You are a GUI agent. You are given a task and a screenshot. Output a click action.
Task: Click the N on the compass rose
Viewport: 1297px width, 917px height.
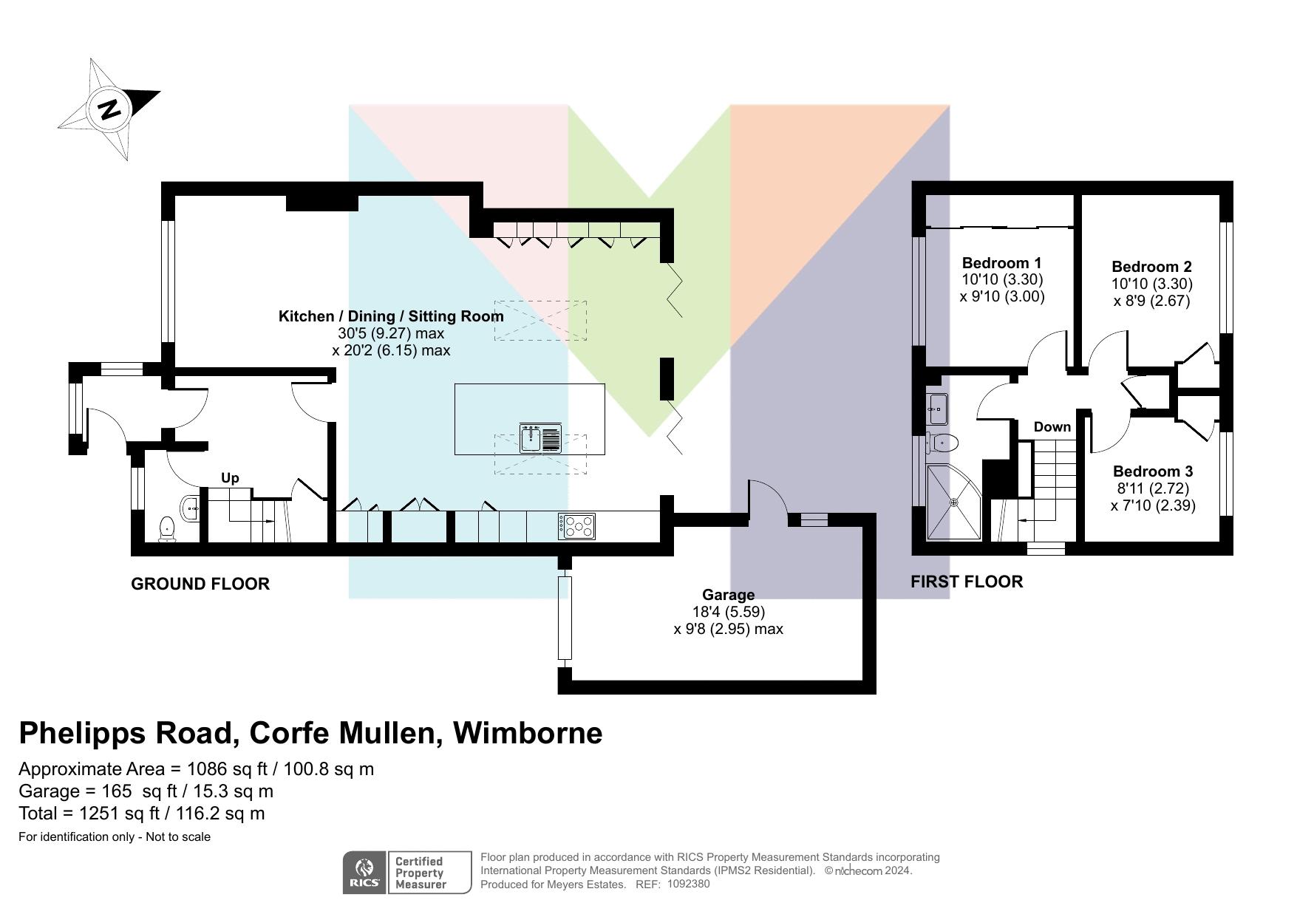[x=109, y=109]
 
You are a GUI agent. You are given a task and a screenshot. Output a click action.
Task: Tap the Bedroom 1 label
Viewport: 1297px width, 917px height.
[x=1001, y=263]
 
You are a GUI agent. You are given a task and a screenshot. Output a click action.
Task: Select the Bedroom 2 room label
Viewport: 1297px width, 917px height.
[x=1151, y=267]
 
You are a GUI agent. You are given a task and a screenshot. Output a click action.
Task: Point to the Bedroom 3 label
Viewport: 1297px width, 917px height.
[x=1153, y=471]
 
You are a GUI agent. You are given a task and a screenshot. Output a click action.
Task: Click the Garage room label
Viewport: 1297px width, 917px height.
[x=728, y=595]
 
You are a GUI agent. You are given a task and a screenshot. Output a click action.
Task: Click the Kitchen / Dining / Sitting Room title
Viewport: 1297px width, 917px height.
[x=391, y=316]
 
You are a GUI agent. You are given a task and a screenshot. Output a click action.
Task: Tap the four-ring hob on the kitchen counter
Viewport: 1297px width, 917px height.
[x=576, y=526]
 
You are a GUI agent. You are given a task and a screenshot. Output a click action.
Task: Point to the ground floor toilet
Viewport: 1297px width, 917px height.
[x=167, y=528]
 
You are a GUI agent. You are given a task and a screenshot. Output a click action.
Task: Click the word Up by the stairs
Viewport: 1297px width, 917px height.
[x=230, y=478]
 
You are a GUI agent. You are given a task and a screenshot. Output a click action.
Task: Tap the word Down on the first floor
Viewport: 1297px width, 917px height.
[x=1052, y=427]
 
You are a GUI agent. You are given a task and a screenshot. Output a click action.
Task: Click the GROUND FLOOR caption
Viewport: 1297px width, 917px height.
[x=200, y=584]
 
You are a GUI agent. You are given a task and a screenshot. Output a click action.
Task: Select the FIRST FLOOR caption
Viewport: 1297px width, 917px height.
[x=967, y=582]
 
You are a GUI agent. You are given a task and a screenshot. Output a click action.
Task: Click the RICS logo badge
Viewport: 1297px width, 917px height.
[x=364, y=873]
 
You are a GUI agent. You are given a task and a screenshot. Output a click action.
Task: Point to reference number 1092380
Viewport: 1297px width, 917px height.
[x=688, y=884]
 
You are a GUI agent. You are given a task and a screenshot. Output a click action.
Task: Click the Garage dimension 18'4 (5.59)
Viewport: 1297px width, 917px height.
[x=728, y=612]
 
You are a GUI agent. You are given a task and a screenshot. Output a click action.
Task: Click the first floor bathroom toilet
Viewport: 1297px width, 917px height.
[x=944, y=443]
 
